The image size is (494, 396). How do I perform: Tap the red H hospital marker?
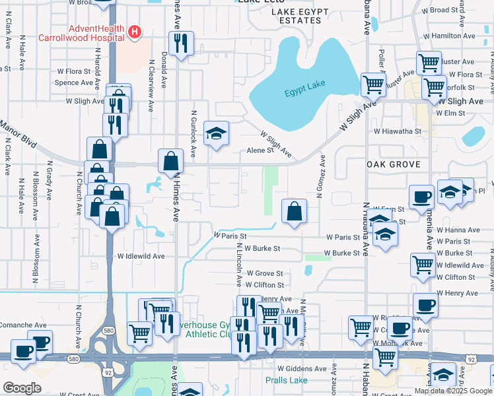coord(135,30)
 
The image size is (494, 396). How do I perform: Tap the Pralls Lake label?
coord(286,380)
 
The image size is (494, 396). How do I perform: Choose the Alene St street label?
coord(260,150)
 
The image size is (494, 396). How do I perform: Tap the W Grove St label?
coord(264,273)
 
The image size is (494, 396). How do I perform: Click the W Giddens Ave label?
coord(302,368)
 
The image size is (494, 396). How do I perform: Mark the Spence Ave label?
coord(75,83)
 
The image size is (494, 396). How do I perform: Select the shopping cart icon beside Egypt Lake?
coord(373,85)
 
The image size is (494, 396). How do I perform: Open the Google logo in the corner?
coord(22,388)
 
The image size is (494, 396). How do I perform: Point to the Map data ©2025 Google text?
coord(453,391)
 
